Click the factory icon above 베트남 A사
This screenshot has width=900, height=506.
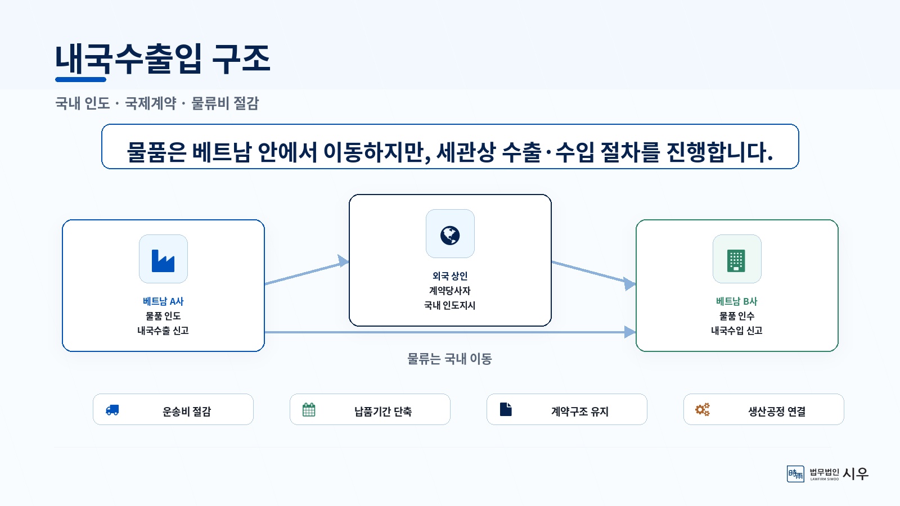[x=163, y=261]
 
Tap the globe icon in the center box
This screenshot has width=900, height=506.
[x=450, y=236]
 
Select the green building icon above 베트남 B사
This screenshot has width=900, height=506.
[x=736, y=261]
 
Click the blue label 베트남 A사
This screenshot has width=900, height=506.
[x=163, y=301]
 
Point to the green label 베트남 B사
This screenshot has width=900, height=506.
[x=736, y=301]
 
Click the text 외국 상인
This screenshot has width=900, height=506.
[x=450, y=276]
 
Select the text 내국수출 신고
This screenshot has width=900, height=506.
[x=163, y=331]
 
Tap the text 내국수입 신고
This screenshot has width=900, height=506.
[x=736, y=331]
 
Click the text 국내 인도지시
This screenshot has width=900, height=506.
[x=450, y=305]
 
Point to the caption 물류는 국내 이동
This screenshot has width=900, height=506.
[x=449, y=359]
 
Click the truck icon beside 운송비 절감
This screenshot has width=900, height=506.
[x=112, y=410]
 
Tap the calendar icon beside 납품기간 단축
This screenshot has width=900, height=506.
[x=309, y=410]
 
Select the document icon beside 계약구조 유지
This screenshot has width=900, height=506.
[x=506, y=409]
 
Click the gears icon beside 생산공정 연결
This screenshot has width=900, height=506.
[x=703, y=410]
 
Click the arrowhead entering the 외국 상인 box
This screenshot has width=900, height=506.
[x=343, y=261]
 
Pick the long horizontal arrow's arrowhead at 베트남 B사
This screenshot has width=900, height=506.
[x=630, y=332]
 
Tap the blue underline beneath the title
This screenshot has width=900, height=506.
[x=81, y=79]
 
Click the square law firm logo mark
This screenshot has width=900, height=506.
[x=795, y=474]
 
